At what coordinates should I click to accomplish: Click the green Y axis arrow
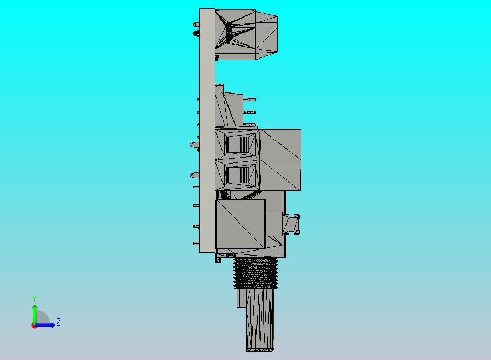coord(34,312)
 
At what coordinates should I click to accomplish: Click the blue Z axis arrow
coord(46,325)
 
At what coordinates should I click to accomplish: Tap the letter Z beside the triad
coord(59,322)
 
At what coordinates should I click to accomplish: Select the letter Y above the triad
coord(34,298)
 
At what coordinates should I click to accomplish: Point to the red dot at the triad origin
coord(34,326)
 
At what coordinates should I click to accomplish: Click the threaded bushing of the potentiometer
coord(255,272)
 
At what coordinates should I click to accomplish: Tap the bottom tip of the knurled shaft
coord(261,349)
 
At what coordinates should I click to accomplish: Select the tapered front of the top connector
coord(267,33)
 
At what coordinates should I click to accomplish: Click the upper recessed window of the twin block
coord(237,144)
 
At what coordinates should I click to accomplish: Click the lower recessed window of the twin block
coord(237,175)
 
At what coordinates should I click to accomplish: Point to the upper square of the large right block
coord(280,144)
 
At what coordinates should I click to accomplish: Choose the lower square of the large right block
coord(280,175)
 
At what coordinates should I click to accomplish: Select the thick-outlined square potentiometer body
coord(241,223)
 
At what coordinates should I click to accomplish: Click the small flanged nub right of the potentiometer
coord(293,224)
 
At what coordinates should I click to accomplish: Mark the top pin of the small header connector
coord(249,100)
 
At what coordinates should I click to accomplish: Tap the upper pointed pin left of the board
coord(194,144)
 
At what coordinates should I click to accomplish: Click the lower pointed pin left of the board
coord(194,175)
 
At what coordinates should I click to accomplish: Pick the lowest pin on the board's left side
coord(196,243)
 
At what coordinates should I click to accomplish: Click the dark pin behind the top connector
coord(196,33)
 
